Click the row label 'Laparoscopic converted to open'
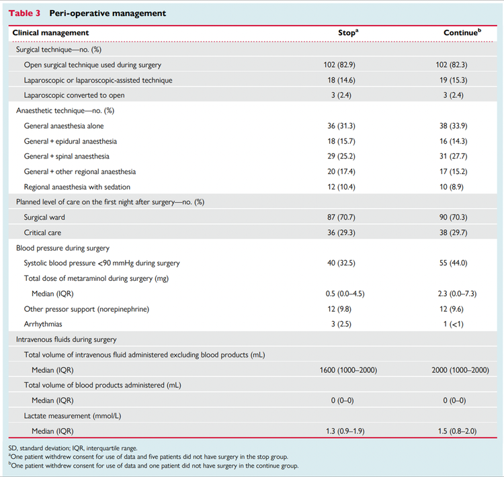pos(74,95)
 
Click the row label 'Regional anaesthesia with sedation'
pos(77,186)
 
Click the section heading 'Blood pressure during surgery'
pos(64,247)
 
